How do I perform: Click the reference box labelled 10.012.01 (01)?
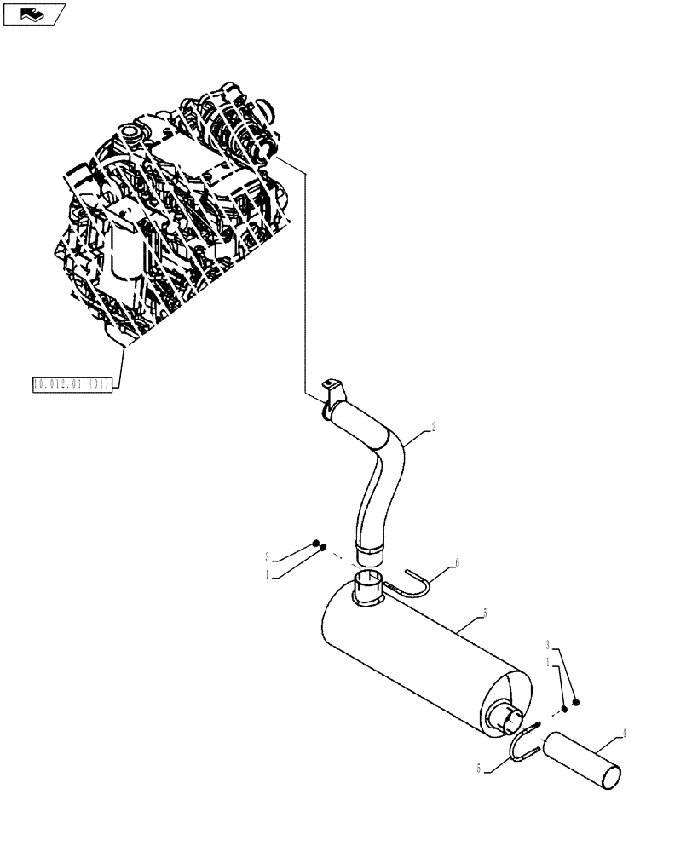pyautogui.click(x=72, y=384)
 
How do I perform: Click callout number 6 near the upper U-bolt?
pyautogui.click(x=457, y=563)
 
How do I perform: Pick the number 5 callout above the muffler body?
pyautogui.click(x=484, y=613)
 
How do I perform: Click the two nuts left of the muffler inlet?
pyautogui.click(x=320, y=546)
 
